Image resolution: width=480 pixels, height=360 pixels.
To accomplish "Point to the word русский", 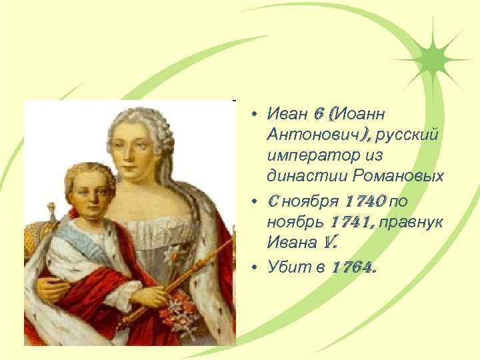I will [x=407, y=135].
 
